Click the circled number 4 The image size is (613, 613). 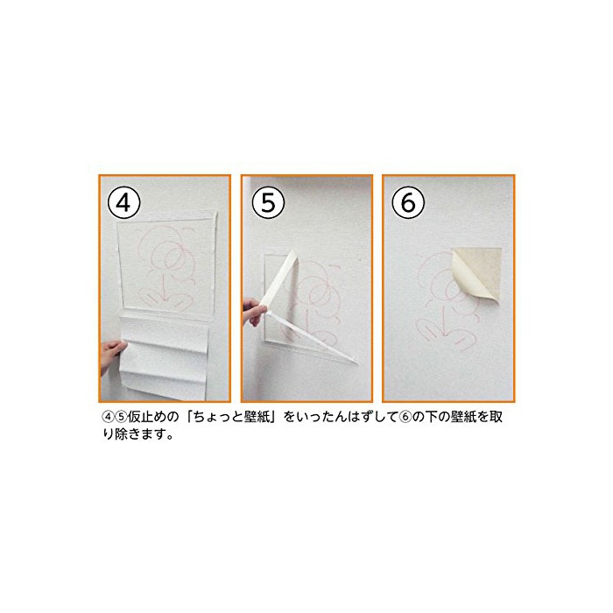124,202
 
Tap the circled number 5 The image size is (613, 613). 268,202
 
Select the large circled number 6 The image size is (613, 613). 408,202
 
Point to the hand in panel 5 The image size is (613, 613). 254,311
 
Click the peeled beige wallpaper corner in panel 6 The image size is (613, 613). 477,273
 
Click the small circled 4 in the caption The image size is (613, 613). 107,417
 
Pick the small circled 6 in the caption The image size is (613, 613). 405,417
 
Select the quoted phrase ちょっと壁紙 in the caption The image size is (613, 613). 231,417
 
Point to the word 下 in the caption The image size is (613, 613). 431,417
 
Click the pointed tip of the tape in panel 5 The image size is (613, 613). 357,363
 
